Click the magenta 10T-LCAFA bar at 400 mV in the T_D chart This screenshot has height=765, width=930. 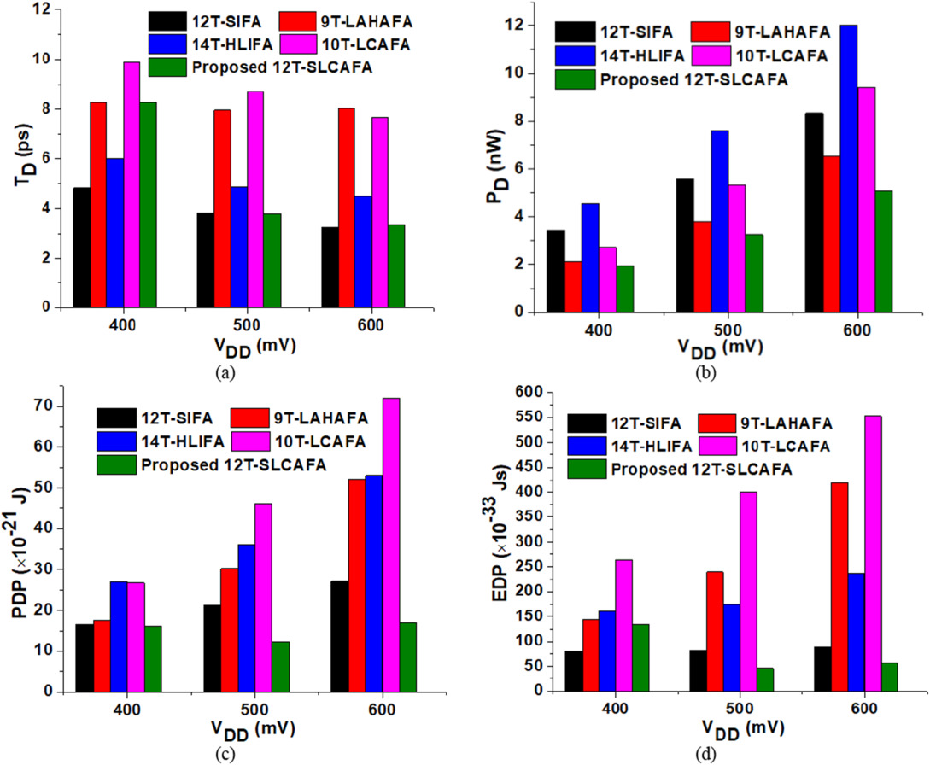(x=132, y=185)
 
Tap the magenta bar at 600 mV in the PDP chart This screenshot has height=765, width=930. (x=391, y=545)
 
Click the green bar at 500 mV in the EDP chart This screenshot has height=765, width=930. (x=765, y=680)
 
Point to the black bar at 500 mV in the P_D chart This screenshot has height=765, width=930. (x=685, y=246)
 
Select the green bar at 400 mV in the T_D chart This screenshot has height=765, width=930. (x=149, y=205)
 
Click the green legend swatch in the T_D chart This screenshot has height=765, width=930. (x=168, y=67)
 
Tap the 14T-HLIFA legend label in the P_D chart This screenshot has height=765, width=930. (x=642, y=55)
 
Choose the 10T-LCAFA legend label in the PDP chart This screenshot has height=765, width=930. (x=320, y=441)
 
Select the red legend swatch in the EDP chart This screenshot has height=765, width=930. (x=717, y=423)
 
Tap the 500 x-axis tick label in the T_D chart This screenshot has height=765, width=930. (x=247, y=325)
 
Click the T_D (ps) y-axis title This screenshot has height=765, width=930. (x=25, y=158)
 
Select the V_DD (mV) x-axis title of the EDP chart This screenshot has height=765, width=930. (x=743, y=728)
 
